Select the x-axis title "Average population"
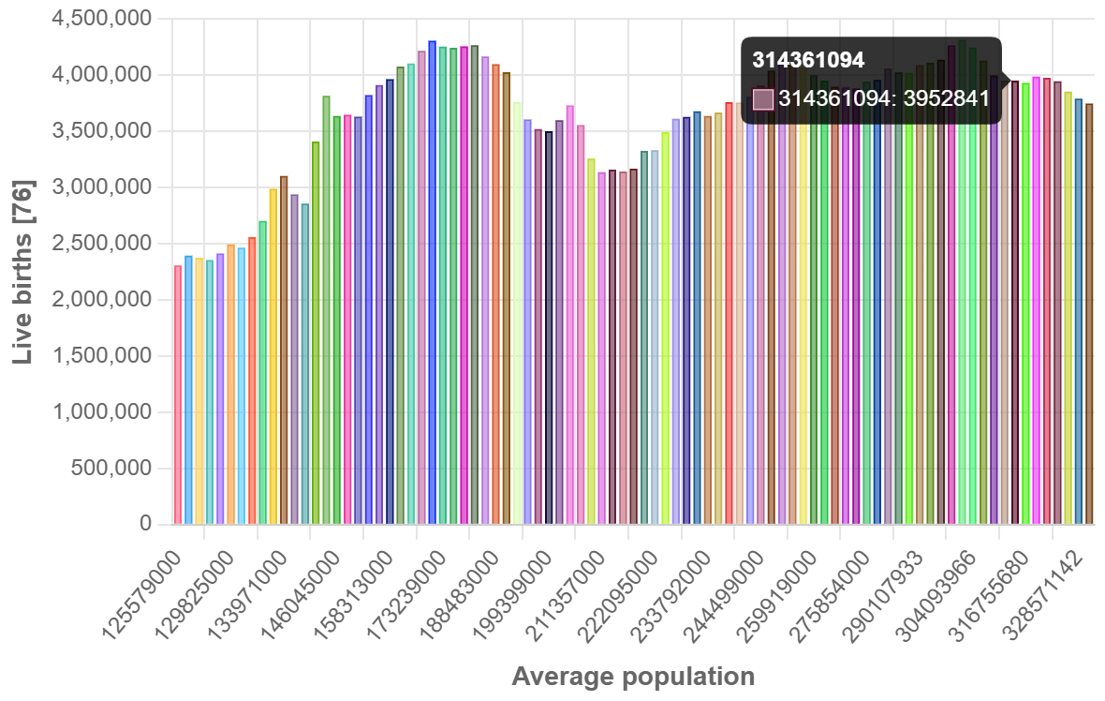coord(633,677)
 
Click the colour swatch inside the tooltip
coord(763,98)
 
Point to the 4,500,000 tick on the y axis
coord(105,19)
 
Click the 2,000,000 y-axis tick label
coord(105,300)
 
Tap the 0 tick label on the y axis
coord(145,525)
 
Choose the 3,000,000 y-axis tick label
coord(105,187)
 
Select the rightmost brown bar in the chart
coord(1089,314)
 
